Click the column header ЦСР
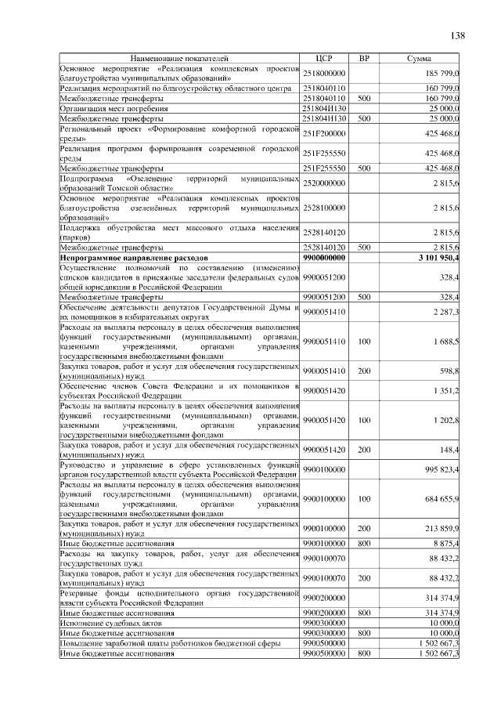click(x=324, y=59)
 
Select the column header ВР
click(x=363, y=59)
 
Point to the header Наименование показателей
click(x=180, y=59)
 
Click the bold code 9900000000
click(x=324, y=257)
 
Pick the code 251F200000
click(x=324, y=134)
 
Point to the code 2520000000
click(x=324, y=183)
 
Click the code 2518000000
click(x=324, y=73)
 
